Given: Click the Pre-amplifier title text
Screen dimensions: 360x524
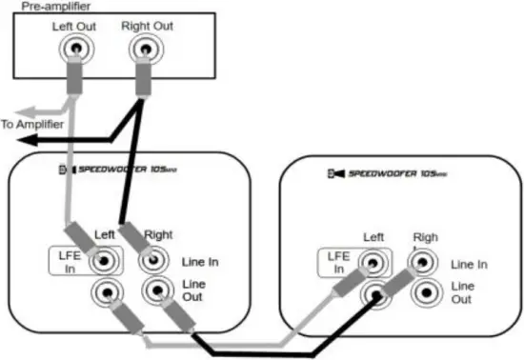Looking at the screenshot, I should [43, 8].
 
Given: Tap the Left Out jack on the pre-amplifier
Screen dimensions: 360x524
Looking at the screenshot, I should [74, 47].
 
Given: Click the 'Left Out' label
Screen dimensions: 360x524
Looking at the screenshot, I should [73, 26].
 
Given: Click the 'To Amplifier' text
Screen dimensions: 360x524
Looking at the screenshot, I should [33, 124].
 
